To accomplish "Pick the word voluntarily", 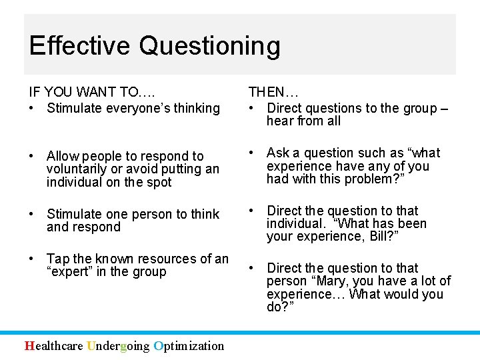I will [x=77, y=169].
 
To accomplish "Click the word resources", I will [x=157, y=259].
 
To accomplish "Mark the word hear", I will [x=279, y=121].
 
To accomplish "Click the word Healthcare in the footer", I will [x=53, y=345].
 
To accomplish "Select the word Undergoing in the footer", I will [x=117, y=345].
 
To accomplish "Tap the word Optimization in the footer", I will [x=188, y=345].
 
